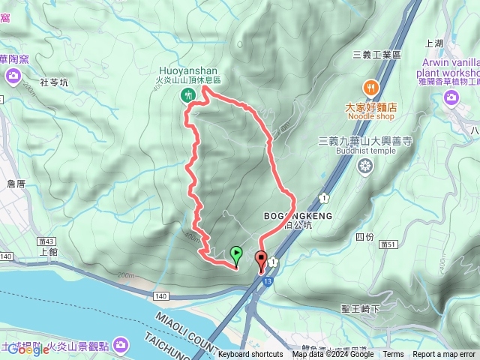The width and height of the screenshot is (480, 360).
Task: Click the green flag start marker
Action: click(x=236, y=255)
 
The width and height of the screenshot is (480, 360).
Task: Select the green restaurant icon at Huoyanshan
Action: click(x=187, y=94)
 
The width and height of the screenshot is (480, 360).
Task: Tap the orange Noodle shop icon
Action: click(x=370, y=88)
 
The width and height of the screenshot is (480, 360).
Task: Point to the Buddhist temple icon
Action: click(x=366, y=167)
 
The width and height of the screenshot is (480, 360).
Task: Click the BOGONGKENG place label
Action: click(x=298, y=216)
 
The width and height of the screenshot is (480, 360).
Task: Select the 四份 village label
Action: click(x=364, y=237)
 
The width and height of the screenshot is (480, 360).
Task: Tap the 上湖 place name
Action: click(x=434, y=43)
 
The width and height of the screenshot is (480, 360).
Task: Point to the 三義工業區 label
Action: click(x=376, y=55)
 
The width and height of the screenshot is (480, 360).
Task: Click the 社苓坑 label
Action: click(x=53, y=82)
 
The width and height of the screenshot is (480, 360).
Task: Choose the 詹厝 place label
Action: click(x=16, y=183)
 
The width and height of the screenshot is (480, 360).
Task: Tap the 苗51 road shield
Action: click(x=388, y=244)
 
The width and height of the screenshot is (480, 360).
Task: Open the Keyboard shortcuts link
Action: click(x=250, y=355)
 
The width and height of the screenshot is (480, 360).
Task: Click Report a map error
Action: click(x=445, y=355)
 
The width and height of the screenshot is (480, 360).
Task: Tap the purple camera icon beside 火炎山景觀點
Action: click(x=122, y=345)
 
